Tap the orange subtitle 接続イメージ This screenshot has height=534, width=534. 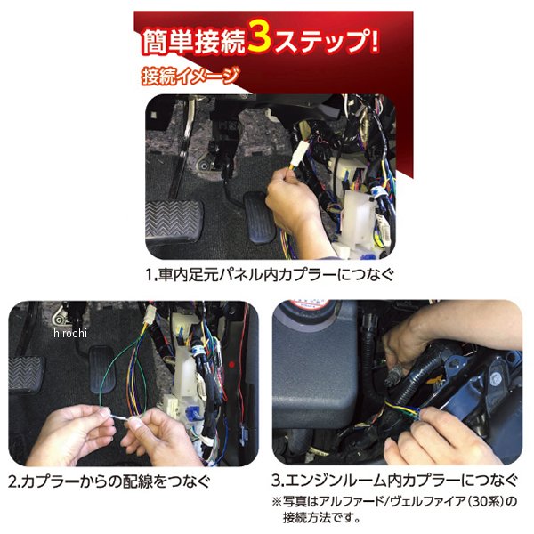pyautogui.click(x=190, y=77)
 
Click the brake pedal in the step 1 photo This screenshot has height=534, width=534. pyautogui.click(x=174, y=220)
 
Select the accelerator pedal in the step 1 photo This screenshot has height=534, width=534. pyautogui.click(x=259, y=217)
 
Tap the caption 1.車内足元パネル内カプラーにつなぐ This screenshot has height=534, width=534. pyautogui.click(x=270, y=275)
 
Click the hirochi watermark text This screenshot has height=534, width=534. pyautogui.click(x=70, y=333)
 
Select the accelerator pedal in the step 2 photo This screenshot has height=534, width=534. pyautogui.click(x=101, y=369)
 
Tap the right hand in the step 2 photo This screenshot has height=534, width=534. pyautogui.click(x=160, y=440)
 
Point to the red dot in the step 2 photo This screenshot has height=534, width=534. pyautogui.click(x=231, y=365)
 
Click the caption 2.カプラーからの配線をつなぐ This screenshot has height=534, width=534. pyautogui.click(x=109, y=482)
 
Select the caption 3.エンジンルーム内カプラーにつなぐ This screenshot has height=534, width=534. pyautogui.click(x=394, y=481)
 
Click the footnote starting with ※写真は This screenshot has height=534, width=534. pyautogui.click(x=394, y=509)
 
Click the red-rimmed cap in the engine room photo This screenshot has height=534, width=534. pyautogui.click(x=309, y=308)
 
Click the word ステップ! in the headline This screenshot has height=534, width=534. pyautogui.click(x=327, y=42)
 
